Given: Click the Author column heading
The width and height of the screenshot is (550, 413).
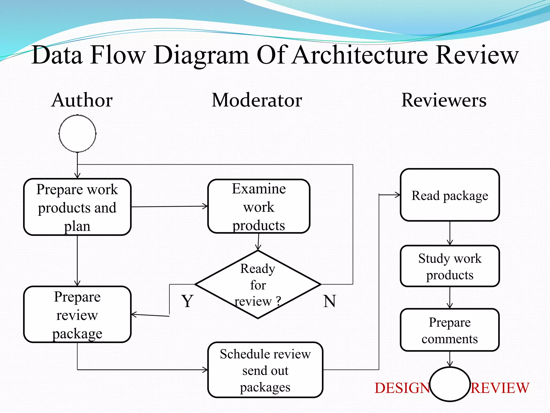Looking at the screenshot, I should [82, 100].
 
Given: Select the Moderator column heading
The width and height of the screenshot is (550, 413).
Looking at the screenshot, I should [257, 100].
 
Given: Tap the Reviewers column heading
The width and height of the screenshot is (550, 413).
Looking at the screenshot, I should [444, 100].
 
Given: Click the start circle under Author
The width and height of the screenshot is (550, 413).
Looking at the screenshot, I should [77, 133].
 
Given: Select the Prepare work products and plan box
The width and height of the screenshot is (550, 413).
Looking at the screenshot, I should [77, 207].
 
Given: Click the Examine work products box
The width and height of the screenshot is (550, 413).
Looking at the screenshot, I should [259, 206].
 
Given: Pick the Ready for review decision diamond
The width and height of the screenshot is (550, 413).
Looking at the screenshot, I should [258, 284].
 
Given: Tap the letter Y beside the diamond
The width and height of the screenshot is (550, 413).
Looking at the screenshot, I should [187, 301].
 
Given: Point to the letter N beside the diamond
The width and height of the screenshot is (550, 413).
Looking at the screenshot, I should [330, 301].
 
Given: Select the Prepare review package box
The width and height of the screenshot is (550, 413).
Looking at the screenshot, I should [77, 315].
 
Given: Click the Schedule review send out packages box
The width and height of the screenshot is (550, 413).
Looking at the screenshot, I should [265, 370].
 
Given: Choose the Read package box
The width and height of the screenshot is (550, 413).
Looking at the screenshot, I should [450, 195].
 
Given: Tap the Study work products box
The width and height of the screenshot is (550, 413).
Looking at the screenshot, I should [450, 266].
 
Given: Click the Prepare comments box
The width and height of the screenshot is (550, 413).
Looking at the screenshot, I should [450, 330].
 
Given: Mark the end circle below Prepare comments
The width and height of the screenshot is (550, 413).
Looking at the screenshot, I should [450, 384].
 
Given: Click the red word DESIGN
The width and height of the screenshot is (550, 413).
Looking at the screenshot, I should [402, 388].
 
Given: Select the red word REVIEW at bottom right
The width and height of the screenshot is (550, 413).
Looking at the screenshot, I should [500, 388].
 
